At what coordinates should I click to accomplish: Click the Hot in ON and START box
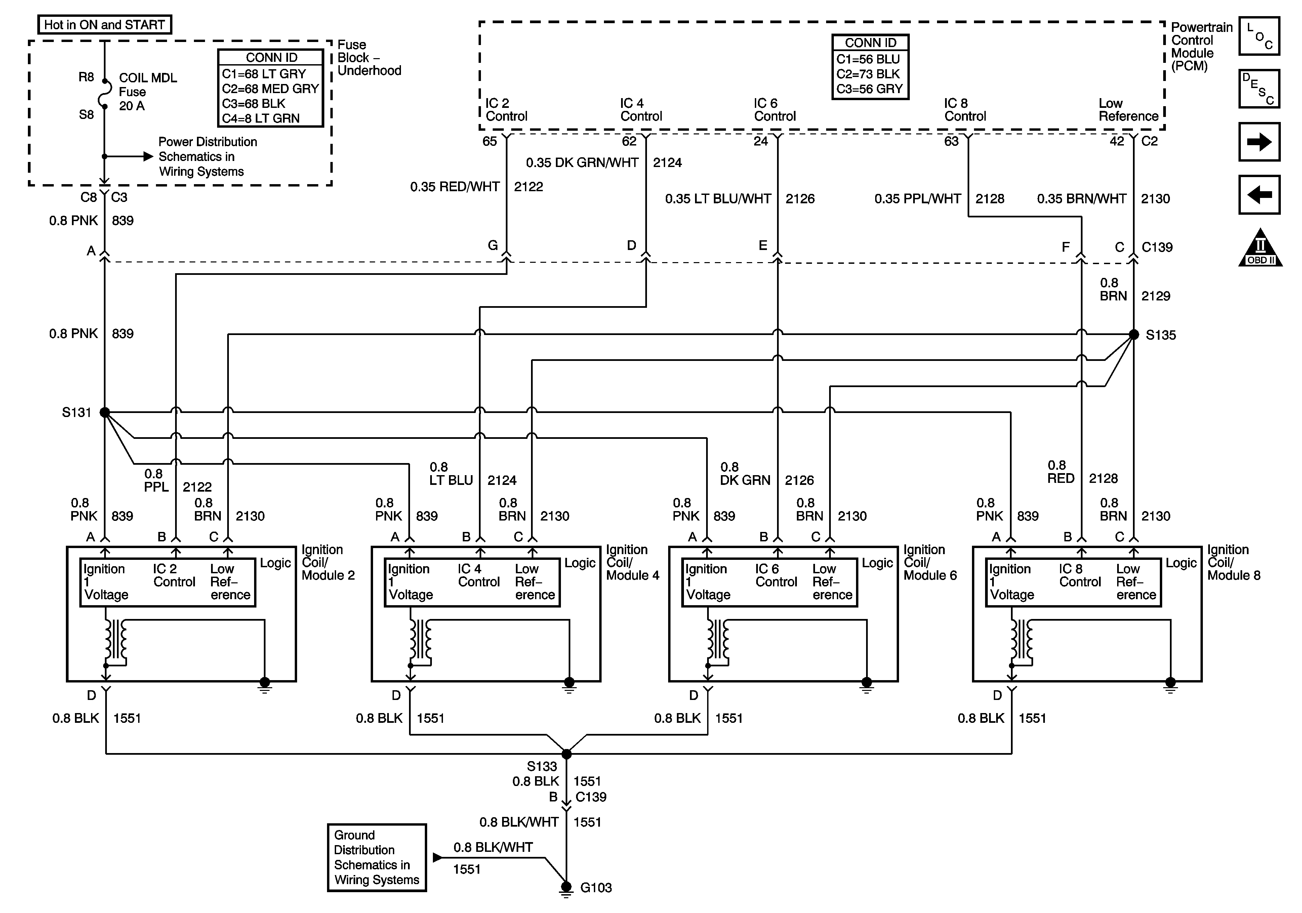(104, 25)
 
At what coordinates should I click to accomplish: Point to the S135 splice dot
(1134, 335)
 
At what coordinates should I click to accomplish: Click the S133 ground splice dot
(566, 754)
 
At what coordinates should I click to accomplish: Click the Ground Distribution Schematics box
(376, 858)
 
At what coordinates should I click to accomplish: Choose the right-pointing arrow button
(1259, 142)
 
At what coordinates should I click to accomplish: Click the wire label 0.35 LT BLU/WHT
(718, 199)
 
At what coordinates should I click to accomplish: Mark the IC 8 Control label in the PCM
(965, 110)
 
